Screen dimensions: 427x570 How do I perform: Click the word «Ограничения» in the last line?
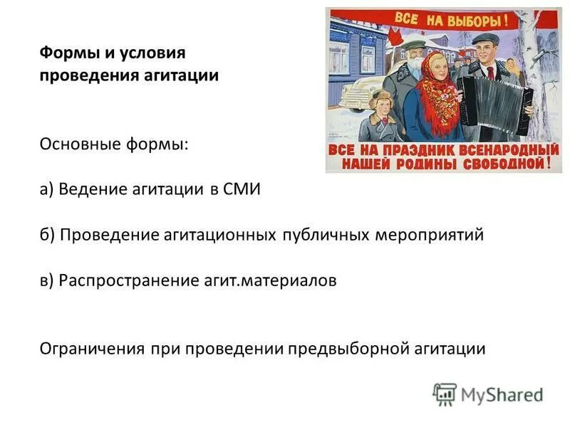(91, 349)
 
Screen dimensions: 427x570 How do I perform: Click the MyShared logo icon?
(445, 394)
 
